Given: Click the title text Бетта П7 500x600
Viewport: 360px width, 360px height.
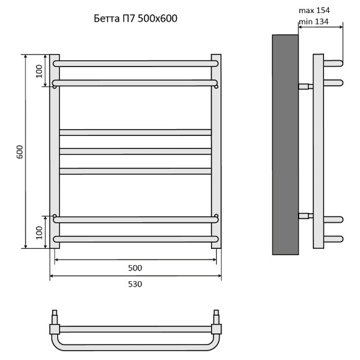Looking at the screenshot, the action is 136,19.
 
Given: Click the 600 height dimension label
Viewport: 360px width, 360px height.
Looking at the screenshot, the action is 20,152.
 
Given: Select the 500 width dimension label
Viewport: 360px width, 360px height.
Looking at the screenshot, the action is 135,268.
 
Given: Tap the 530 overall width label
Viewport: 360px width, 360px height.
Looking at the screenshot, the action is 135,284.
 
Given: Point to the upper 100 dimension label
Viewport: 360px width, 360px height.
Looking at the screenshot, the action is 39,71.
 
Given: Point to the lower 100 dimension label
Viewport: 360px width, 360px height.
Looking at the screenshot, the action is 39,233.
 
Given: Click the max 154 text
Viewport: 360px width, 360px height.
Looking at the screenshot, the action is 314,11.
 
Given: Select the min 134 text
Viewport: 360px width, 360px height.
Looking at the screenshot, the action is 313,22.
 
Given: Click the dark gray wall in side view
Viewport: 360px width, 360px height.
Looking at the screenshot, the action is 285,145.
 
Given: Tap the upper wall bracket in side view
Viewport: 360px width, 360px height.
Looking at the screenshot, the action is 305,86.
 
